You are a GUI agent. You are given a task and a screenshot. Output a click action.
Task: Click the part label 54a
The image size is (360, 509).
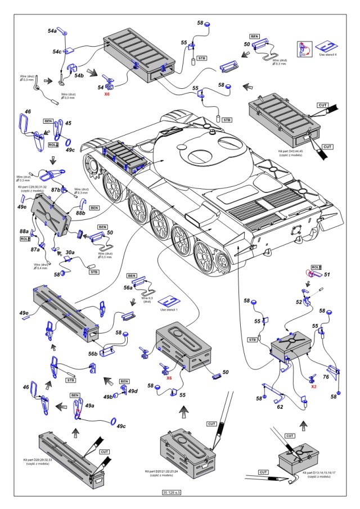[x=52, y=30]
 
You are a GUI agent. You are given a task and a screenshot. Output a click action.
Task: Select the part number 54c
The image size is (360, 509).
[x=57, y=52]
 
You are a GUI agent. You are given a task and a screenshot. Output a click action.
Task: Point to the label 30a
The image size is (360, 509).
[x=70, y=253]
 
